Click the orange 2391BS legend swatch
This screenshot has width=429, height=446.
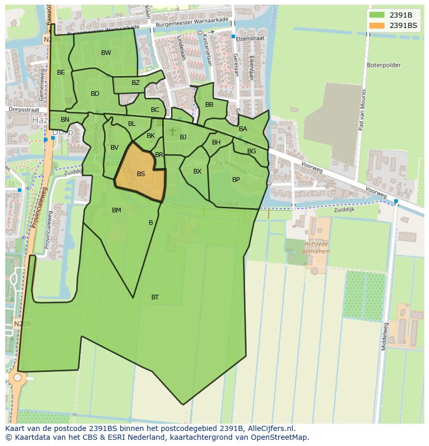tap(377, 25)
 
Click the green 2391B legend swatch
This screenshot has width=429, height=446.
tap(377, 15)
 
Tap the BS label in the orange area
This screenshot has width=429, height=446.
tap(141, 174)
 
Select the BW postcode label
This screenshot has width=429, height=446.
tap(106, 53)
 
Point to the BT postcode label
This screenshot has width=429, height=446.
tap(155, 297)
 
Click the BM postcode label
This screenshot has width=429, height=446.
tap(117, 210)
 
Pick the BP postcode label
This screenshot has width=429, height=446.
tap(236, 180)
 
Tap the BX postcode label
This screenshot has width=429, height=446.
tap(197, 171)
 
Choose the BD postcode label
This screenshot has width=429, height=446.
tap(95, 94)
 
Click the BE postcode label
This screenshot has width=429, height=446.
tap(61, 73)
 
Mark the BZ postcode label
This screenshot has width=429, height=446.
tap(136, 83)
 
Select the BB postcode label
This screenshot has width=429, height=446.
tap(209, 105)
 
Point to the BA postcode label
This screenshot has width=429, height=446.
tap(243, 129)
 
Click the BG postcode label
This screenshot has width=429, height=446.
tap(251, 151)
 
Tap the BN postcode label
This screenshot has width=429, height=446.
tap(65, 120)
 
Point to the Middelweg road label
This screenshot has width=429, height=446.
tap(384, 336)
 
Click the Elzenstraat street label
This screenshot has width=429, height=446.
tap(250, 38)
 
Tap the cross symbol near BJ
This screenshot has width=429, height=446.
tap(173, 132)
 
